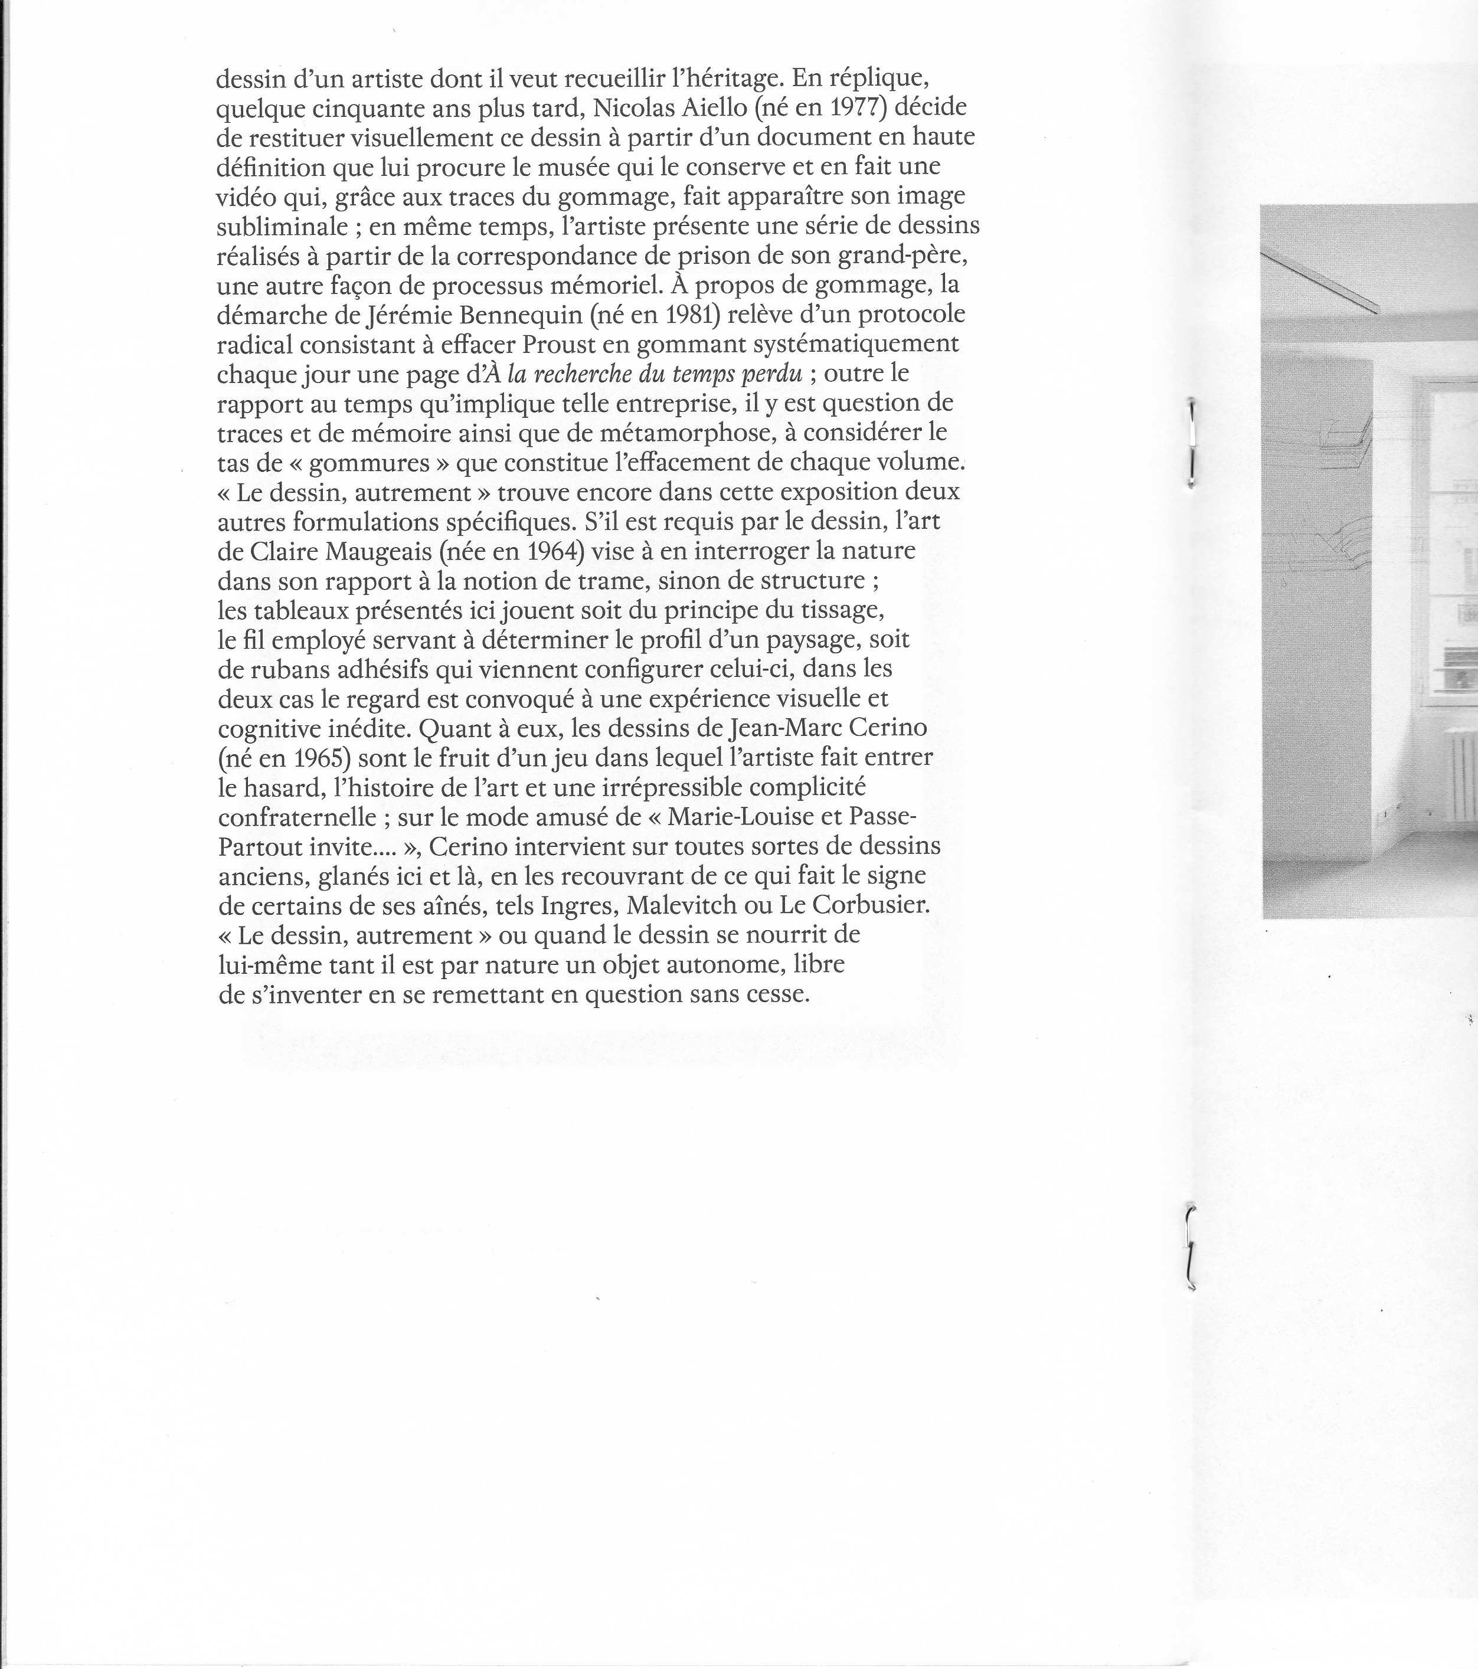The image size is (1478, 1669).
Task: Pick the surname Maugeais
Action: pos(379,551)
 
